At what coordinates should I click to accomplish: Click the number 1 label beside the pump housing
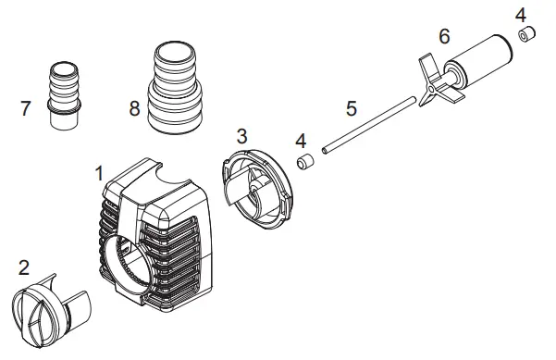click(x=98, y=173)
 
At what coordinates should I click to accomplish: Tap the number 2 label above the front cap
click(x=24, y=267)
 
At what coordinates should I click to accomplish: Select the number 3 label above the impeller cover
click(x=241, y=135)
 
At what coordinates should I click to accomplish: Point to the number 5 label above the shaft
click(x=351, y=107)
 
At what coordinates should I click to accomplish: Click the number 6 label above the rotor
click(x=444, y=36)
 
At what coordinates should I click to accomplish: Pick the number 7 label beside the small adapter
click(x=25, y=108)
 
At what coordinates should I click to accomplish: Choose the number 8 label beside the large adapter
click(x=135, y=108)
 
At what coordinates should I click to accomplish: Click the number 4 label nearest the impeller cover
click(x=300, y=141)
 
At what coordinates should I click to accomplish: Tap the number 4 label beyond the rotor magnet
click(x=521, y=15)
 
